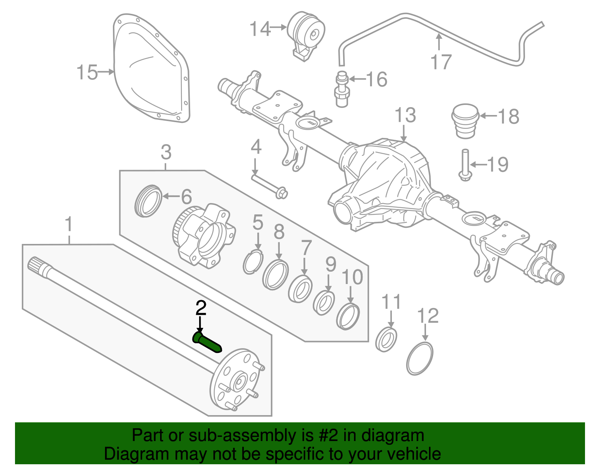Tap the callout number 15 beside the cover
point(87,72)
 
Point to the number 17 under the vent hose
point(441,62)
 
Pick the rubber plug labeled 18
point(465,121)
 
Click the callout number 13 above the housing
point(405,115)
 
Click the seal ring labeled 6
point(148,201)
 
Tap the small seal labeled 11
point(386,339)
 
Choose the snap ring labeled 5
point(253,263)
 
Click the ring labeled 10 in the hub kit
point(348,317)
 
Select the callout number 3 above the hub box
point(166,152)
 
